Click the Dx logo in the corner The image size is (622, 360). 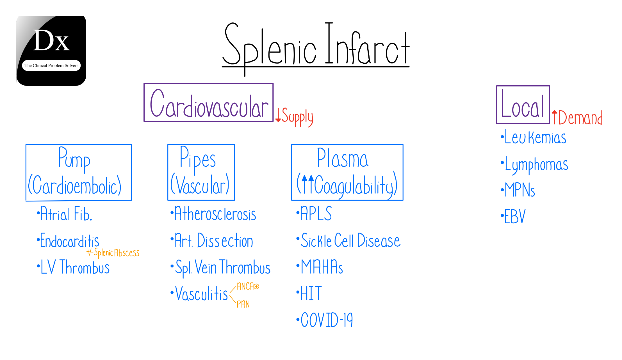(x=51, y=51)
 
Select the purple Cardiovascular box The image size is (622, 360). (x=208, y=103)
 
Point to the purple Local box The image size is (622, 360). (x=523, y=105)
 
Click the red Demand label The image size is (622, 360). (x=578, y=118)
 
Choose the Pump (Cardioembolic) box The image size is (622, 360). (x=79, y=172)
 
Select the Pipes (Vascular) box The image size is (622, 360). (x=201, y=172)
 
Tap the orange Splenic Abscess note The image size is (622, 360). (x=113, y=253)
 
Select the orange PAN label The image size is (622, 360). (x=243, y=304)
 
